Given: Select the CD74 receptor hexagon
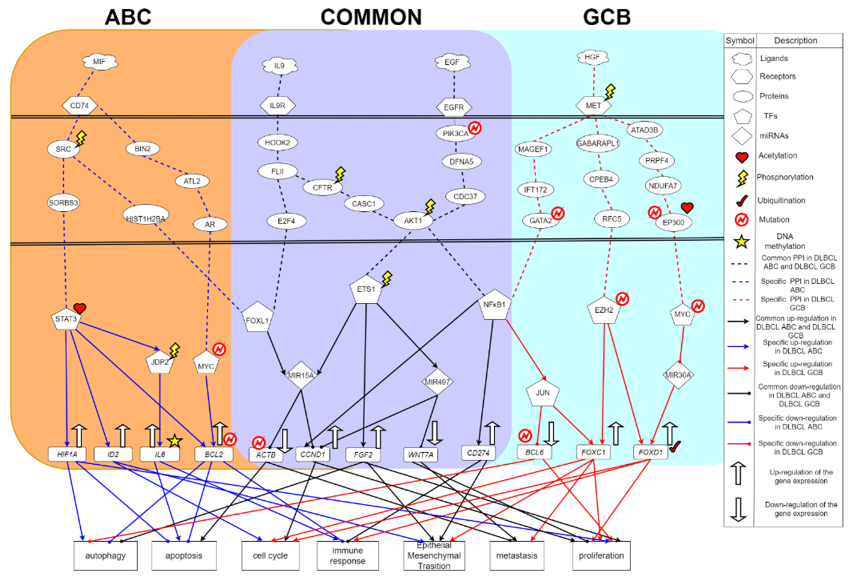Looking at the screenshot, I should point(79,106).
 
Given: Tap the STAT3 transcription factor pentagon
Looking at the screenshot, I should point(66,319).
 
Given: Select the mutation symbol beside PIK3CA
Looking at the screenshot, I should point(475,128).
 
